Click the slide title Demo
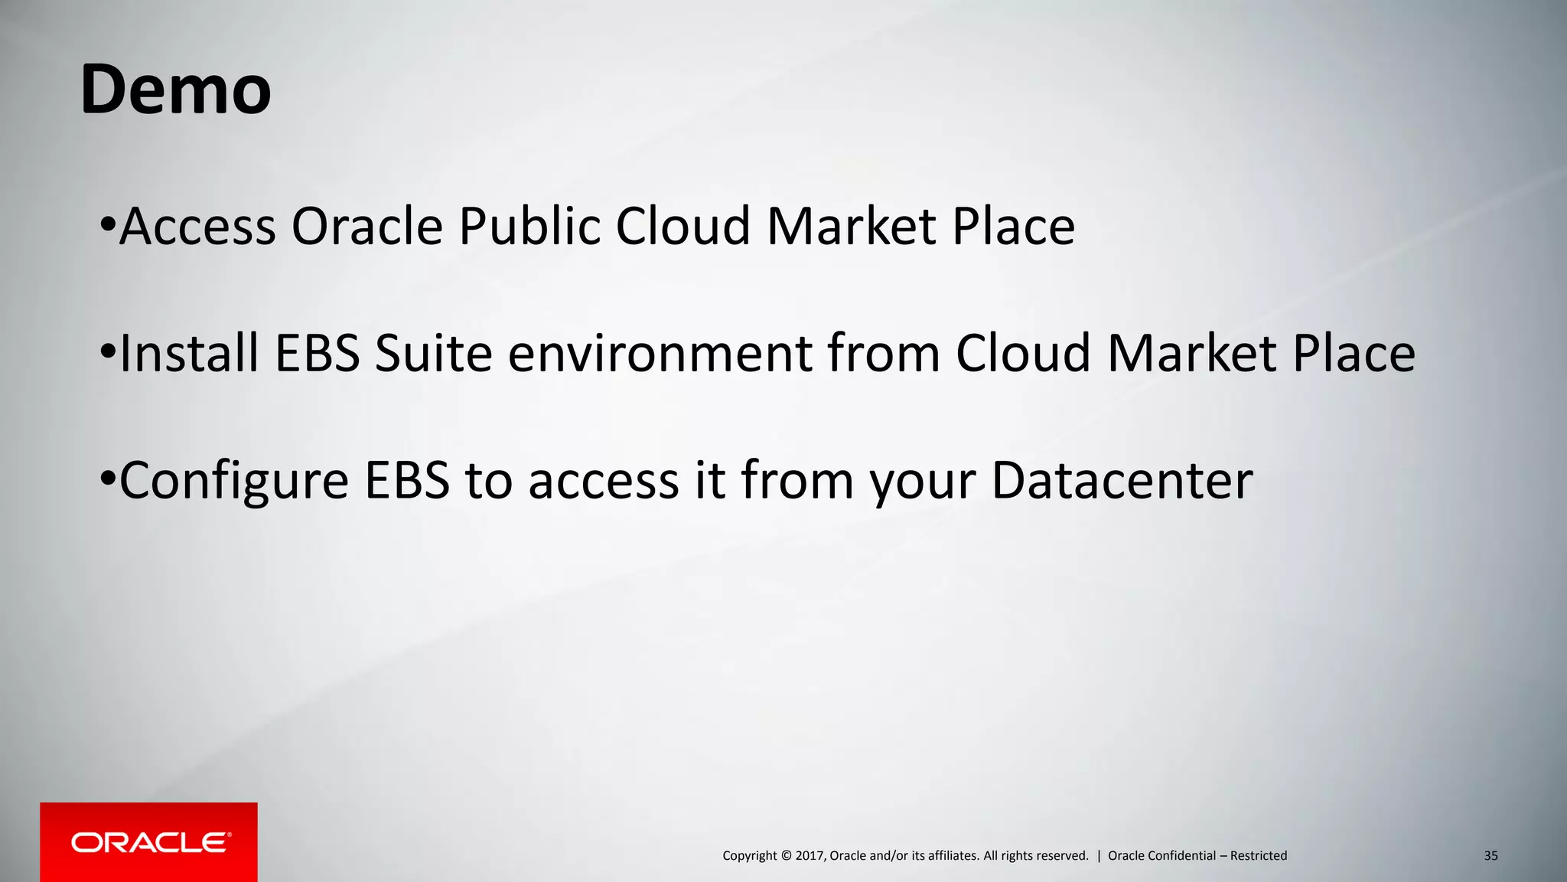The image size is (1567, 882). [175, 90]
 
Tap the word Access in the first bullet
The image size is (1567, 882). [197, 227]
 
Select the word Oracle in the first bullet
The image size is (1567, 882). [367, 227]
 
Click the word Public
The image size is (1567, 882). [529, 227]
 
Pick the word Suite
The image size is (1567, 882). [433, 354]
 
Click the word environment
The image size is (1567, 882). [658, 355]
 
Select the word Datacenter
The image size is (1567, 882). [1122, 481]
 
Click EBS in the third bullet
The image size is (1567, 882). [407, 481]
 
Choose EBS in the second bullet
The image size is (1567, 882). [317, 354]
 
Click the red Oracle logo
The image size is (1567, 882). [148, 842]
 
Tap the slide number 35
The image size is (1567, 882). [1490, 856]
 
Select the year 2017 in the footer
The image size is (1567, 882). [810, 856]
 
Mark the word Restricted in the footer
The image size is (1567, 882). [1258, 856]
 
